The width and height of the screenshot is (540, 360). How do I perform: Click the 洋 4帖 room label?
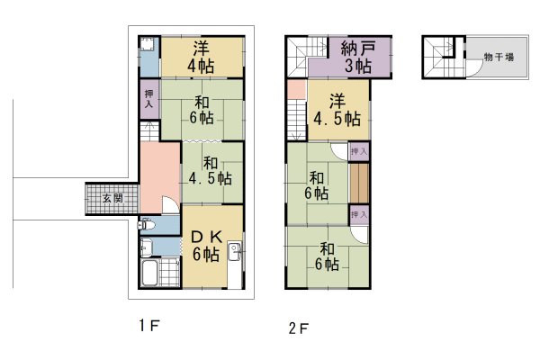coord(201,57)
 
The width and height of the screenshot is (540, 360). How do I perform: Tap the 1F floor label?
coord(149,325)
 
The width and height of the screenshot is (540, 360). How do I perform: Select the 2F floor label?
coord(299,328)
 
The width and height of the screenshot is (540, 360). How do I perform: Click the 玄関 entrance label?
coord(112,198)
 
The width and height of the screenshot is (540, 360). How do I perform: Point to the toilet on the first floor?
coord(147,225)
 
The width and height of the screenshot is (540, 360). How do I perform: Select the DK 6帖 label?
coord(206,246)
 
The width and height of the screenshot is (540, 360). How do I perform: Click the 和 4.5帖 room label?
coord(211,171)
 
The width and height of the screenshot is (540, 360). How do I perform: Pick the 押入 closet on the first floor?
coord(149,99)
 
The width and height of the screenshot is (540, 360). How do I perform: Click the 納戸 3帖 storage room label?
coord(358,57)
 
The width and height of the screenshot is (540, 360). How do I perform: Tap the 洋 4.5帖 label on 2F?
coord(337,110)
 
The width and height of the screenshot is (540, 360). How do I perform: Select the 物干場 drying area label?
coord(499,57)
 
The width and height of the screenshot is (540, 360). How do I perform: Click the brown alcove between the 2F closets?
coord(359,183)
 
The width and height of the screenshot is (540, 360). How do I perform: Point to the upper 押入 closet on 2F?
coord(359,151)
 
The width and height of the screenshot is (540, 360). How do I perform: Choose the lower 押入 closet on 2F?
coord(359,214)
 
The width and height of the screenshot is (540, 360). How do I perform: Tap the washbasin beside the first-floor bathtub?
coord(146,247)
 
